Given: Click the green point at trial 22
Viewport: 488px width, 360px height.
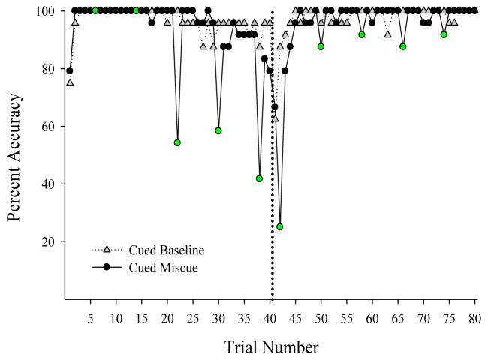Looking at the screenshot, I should coord(177,142).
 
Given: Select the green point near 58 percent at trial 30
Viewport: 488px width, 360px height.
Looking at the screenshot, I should coord(218,130).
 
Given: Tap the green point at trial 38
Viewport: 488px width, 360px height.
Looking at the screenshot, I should coord(259,178).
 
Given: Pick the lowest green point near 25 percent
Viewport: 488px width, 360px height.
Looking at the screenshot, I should coord(280,226).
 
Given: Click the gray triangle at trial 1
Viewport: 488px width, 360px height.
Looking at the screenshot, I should coord(70,82).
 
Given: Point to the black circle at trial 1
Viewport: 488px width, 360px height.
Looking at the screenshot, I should coord(70,70).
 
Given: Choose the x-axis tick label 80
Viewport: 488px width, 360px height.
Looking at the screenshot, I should coord(475,319).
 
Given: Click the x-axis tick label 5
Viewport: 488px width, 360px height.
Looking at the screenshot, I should coord(91,319).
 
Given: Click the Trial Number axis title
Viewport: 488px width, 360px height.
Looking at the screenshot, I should coord(271,347).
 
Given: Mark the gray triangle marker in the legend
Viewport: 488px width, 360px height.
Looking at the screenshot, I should coord(107,250).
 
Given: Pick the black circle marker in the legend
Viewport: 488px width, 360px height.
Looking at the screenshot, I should coord(107,267).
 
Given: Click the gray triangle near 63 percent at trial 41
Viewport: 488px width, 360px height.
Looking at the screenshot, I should coord(276,118).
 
